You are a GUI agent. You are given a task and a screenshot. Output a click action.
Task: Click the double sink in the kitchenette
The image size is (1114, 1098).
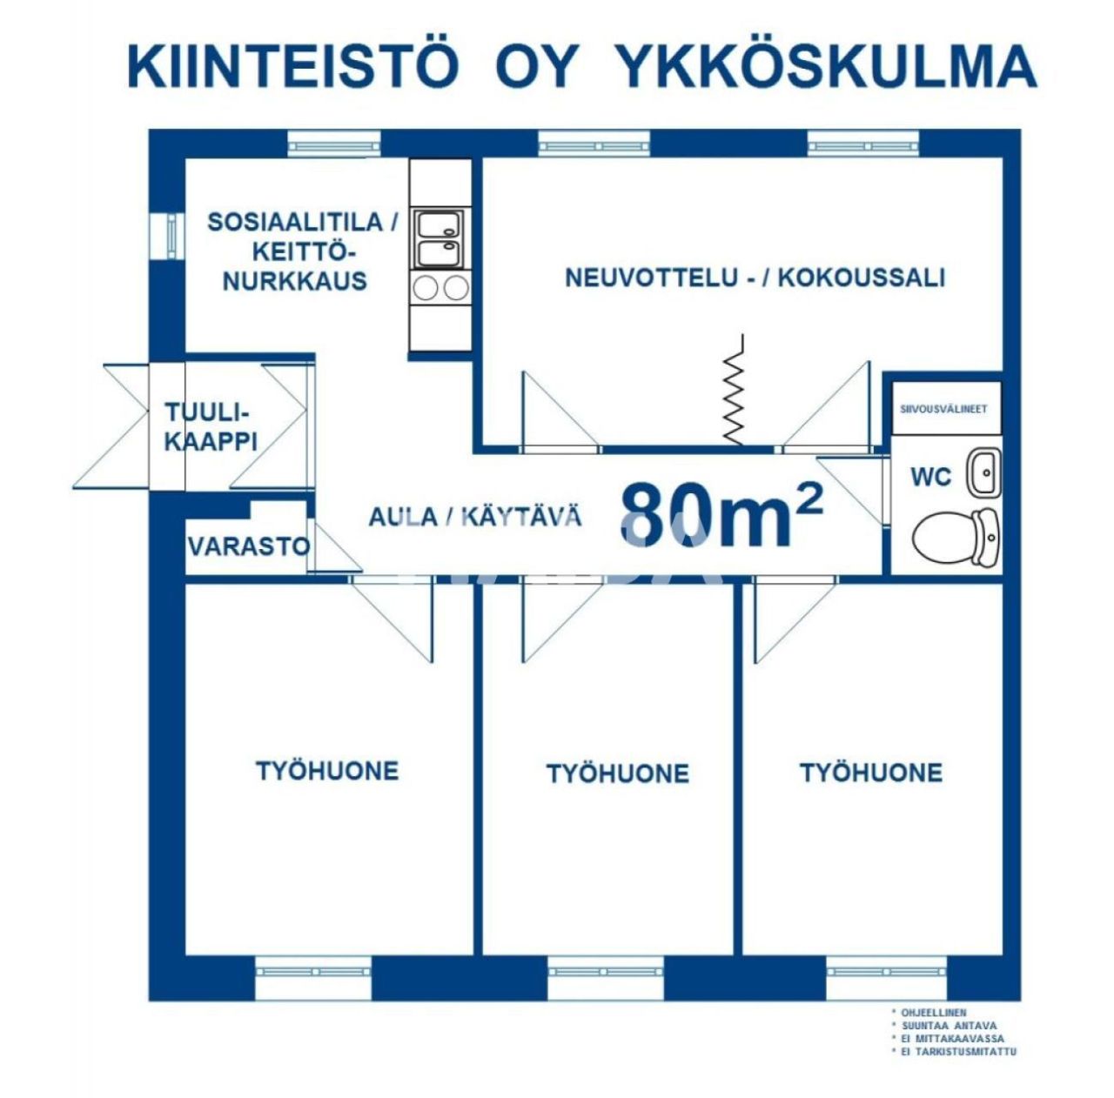tap(440, 239)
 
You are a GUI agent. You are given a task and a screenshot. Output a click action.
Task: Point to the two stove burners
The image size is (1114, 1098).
tap(440, 288)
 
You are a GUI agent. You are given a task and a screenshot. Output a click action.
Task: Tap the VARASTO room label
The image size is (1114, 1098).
tap(249, 547)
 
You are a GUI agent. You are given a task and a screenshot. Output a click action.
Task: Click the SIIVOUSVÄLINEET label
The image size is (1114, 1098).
tap(943, 409)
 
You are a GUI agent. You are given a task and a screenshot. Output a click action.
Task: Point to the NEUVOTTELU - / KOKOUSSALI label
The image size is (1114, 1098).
tap(755, 278)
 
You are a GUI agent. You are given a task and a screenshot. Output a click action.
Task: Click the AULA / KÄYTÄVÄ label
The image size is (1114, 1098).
tap(475, 517)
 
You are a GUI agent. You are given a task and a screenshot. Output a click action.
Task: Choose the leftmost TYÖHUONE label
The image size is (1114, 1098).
tap(327, 771)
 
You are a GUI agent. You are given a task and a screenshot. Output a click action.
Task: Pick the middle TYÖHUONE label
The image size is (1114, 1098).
tap(617, 773)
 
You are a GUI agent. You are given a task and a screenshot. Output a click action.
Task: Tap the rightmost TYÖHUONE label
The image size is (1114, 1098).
tap(870, 773)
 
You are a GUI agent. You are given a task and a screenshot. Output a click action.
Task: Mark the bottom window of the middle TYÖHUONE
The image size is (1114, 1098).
tap(606, 967)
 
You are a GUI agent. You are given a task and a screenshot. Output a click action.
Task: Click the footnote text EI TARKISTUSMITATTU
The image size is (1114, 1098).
tap(958, 1052)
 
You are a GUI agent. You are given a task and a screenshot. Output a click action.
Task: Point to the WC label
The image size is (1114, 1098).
tap(930, 478)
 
